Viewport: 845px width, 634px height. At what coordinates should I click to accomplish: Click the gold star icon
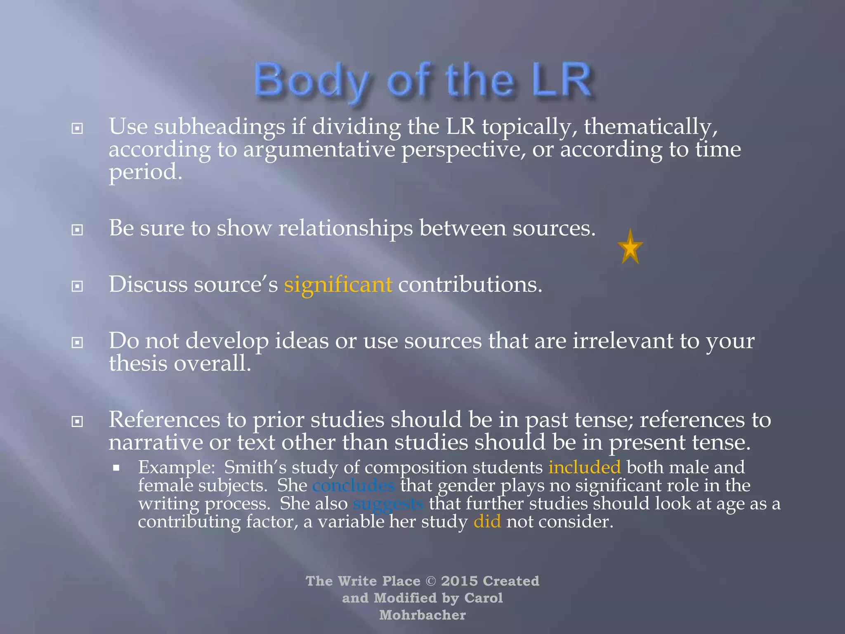(x=630, y=248)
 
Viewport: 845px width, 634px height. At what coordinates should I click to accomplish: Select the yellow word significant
(x=338, y=284)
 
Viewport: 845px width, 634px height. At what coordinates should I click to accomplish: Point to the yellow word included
(x=584, y=467)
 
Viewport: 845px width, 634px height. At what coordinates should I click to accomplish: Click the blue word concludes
(x=354, y=485)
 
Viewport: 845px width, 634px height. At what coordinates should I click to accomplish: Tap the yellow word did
(x=487, y=522)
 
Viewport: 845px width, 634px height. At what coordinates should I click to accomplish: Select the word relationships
(x=345, y=228)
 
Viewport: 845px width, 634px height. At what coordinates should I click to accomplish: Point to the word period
(x=145, y=172)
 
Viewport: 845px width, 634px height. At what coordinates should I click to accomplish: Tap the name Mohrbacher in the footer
(x=422, y=615)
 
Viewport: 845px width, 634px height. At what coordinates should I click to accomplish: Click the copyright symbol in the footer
(x=430, y=581)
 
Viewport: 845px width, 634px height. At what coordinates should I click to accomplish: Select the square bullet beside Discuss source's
(x=77, y=286)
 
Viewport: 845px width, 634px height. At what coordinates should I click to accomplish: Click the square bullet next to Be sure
(x=77, y=229)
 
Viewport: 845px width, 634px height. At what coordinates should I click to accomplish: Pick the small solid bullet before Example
(x=116, y=468)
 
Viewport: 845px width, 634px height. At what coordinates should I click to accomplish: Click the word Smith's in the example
(x=255, y=467)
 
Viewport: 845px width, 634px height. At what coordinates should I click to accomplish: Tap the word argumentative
(x=319, y=149)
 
